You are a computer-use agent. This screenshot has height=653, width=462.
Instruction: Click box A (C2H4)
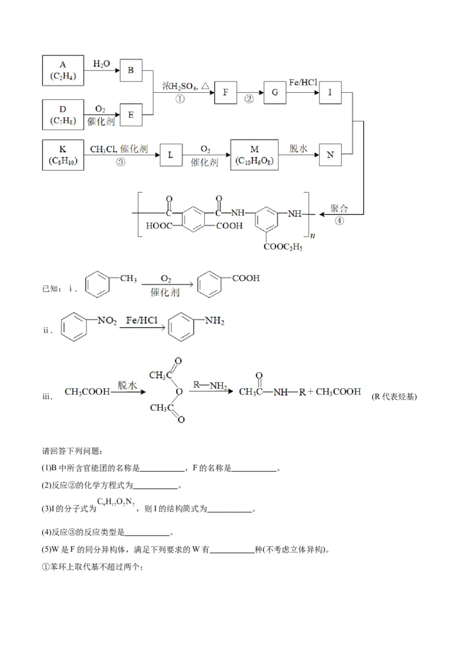63,70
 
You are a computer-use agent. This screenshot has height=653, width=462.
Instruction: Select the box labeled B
131,70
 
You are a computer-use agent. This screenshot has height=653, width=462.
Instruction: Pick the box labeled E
131,115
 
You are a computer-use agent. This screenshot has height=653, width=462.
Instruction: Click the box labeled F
226,92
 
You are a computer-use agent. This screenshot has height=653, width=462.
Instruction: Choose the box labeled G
275,92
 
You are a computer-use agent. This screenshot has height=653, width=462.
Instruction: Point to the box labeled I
330,92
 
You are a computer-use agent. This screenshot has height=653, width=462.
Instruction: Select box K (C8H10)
63,155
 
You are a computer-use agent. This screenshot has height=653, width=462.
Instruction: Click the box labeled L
171,155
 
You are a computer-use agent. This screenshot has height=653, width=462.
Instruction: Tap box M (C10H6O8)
254,155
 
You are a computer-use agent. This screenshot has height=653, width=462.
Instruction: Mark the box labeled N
330,155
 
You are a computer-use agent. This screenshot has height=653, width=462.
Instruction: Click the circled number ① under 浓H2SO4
180,99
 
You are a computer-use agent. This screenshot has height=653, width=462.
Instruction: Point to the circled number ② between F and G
249,99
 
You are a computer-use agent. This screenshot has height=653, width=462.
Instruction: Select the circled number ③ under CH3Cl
120,162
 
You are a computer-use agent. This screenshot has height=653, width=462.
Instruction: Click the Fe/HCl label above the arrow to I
303,83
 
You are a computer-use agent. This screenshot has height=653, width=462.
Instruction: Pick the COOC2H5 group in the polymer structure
283,247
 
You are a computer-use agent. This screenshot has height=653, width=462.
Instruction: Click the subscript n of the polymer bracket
312,235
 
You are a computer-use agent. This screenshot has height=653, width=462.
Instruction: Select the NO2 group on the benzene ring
107,321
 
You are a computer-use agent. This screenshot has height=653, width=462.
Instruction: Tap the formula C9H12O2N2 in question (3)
115,502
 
